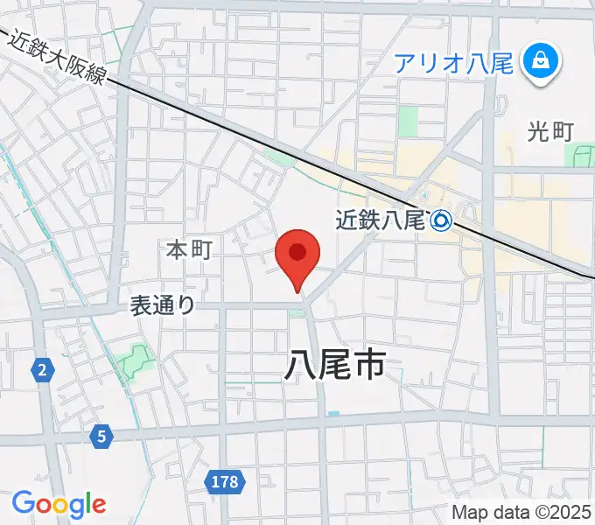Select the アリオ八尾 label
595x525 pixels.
tap(452, 63)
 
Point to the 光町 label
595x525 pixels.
tap(550, 131)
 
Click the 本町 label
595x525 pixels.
tap(190, 250)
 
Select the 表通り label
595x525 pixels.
tap(162, 304)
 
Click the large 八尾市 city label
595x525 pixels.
tap(335, 364)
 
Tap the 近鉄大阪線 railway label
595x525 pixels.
tap(59, 58)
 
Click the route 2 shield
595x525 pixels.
tap(41, 371)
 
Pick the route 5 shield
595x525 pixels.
tap(102, 434)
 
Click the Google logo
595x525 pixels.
tap(59, 503)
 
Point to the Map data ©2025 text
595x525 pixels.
tap(521, 512)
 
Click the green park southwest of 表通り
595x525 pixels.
tap(135, 360)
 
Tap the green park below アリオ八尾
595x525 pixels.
tap(408, 122)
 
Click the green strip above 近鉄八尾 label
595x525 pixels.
tap(281, 157)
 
